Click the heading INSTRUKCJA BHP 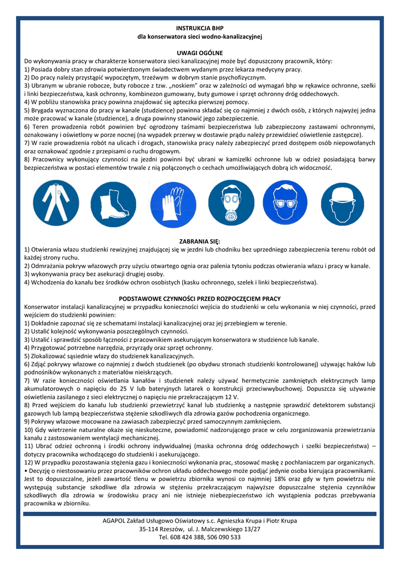[200, 28]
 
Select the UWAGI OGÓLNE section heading [200, 52]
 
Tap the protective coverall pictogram [51, 203]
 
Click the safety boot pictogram [109, 203]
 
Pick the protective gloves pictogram [169, 203]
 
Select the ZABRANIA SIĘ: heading [200, 241]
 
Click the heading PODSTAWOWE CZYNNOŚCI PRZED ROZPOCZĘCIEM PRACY [200, 299]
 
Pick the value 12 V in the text [231, 397]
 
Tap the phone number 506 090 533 [223, 537]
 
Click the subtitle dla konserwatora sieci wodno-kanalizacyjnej [200, 36]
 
